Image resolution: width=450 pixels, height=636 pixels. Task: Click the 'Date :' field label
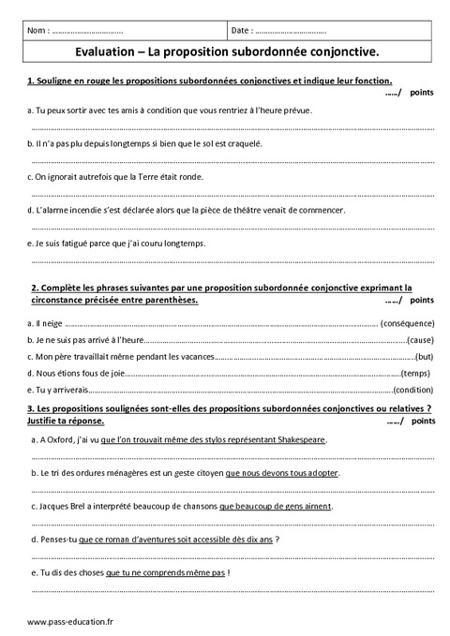click(x=242, y=31)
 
